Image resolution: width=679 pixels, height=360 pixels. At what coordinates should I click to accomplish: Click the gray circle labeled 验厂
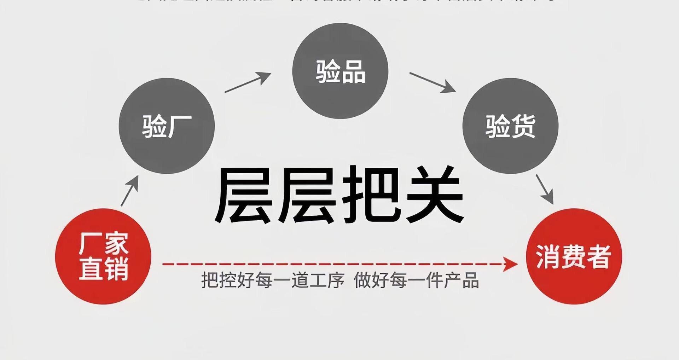[167, 126]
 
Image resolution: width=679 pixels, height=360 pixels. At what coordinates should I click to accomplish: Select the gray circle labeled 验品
[340, 71]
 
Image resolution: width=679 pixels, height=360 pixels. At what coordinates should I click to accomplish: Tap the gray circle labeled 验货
[510, 126]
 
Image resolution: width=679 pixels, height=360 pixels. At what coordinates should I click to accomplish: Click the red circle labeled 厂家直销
[103, 256]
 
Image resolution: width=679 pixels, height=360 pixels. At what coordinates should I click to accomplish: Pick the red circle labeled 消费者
[574, 256]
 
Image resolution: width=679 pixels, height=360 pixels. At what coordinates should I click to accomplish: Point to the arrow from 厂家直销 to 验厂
[129, 191]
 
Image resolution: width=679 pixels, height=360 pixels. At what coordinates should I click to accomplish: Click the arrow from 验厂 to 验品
[248, 82]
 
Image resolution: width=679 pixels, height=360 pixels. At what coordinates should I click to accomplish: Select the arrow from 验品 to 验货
[432, 82]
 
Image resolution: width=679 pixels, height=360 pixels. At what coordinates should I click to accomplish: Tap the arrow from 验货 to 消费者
[545, 189]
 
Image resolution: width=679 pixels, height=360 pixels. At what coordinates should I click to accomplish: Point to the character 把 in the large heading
[371, 194]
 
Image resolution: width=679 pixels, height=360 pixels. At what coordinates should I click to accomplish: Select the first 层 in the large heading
[244, 194]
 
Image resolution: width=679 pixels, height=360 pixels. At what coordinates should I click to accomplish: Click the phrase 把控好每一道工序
[273, 280]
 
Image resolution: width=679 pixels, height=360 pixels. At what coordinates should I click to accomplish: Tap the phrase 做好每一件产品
[416, 280]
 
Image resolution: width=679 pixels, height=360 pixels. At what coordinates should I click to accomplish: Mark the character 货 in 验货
[523, 126]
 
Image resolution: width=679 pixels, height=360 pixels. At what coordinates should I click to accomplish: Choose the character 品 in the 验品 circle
[353, 72]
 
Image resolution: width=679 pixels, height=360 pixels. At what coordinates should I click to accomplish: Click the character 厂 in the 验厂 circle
[179, 126]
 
